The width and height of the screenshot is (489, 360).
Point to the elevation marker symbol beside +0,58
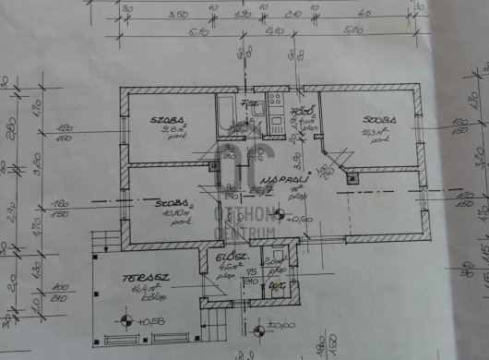125,321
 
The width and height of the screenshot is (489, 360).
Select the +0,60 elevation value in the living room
298,220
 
